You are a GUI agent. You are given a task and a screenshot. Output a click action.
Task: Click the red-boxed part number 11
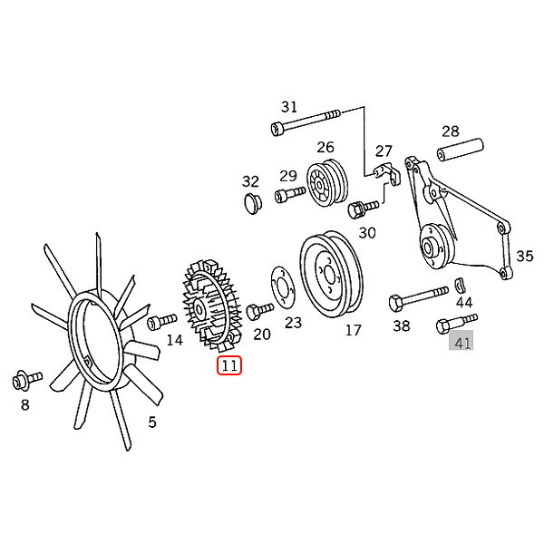point(229,365)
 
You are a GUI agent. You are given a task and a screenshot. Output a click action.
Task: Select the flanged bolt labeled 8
point(27,380)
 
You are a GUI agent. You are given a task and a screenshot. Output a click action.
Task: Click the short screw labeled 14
point(161,321)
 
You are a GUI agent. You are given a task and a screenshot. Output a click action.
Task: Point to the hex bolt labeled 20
point(259,311)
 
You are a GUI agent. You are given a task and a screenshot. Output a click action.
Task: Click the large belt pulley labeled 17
point(331,274)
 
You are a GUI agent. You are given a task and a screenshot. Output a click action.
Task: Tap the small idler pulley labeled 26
point(326,185)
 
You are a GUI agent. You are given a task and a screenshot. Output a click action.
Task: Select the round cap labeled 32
point(252,204)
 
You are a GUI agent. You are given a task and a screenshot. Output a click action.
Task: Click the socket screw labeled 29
point(290,195)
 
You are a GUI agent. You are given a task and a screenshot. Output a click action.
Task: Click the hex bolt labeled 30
point(363,209)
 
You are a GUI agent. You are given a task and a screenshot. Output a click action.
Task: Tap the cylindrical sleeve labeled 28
point(460,150)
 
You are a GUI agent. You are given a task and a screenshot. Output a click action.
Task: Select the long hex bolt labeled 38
point(418,299)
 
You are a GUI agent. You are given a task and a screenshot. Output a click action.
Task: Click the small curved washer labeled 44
point(460,286)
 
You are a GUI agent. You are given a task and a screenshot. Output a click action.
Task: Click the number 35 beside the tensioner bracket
point(524,256)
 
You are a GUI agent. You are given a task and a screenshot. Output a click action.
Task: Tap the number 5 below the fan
point(152,423)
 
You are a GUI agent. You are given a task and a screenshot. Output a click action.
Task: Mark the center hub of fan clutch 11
point(199,309)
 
